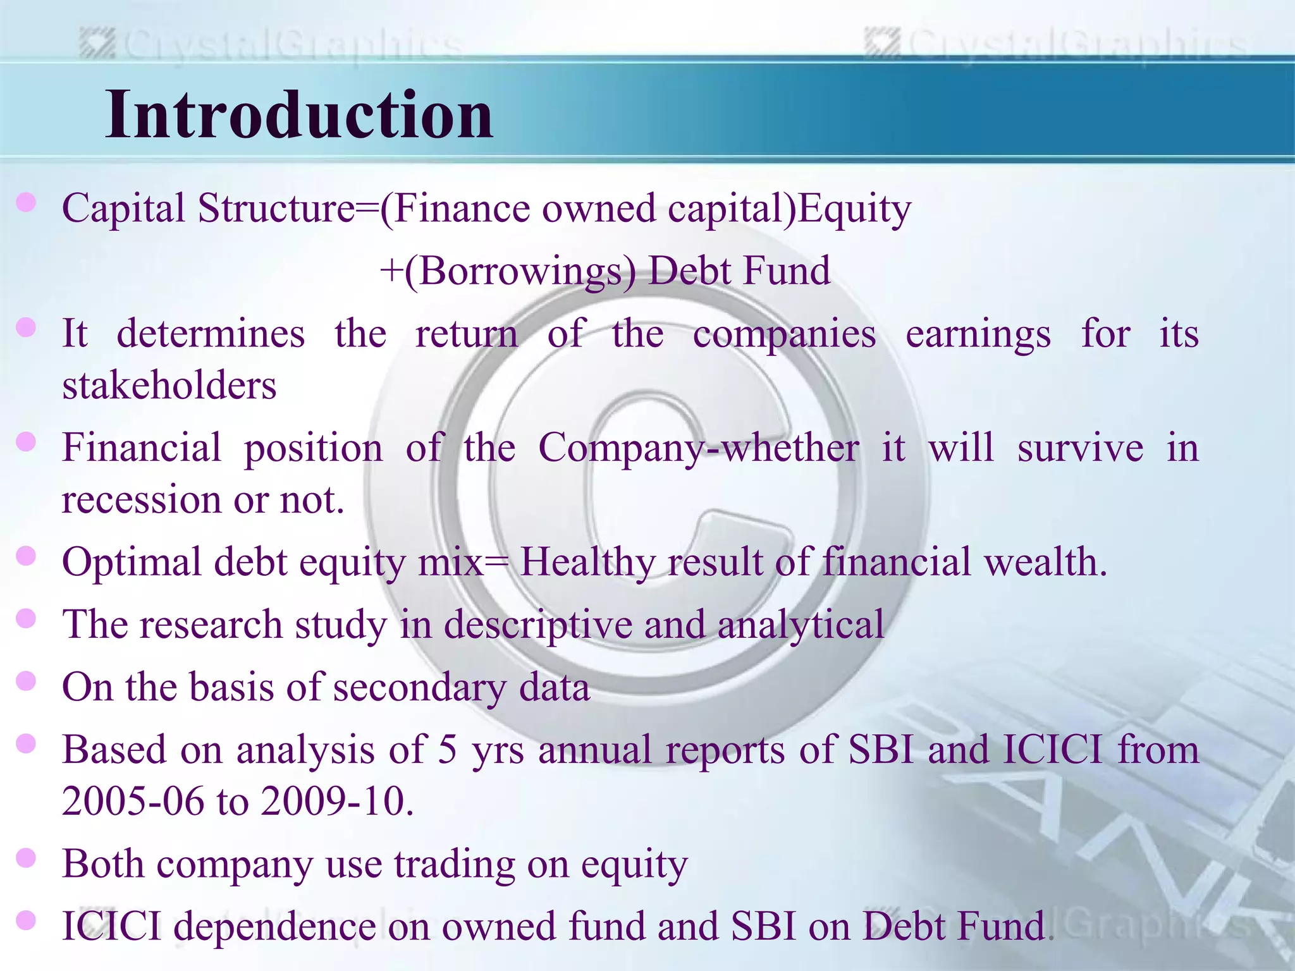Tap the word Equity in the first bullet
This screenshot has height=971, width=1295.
pos(854,209)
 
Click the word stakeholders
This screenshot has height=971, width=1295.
pos(169,386)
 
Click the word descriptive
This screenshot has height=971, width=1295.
pos(537,625)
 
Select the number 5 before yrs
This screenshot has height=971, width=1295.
pos(447,750)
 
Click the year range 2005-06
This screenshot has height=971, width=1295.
pos(133,801)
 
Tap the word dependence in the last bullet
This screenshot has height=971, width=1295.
pos(274,927)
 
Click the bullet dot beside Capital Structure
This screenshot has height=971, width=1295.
pos(26,203)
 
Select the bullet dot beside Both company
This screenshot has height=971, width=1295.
pos(26,858)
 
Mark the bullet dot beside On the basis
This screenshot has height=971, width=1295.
pos(26,681)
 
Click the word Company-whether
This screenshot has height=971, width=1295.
pos(698,448)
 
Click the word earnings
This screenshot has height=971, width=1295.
pos(978,335)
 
